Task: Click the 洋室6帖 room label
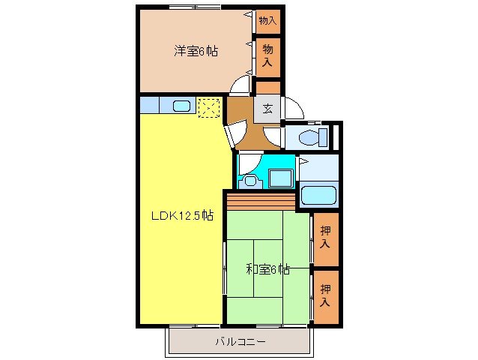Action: (x=196, y=51)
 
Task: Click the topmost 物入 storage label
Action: (x=267, y=20)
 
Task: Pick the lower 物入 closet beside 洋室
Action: (x=267, y=57)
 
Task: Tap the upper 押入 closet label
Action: (x=325, y=237)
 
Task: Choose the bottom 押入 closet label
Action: (x=325, y=296)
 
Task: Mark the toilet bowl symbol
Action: (x=309, y=137)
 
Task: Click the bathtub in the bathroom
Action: (x=318, y=196)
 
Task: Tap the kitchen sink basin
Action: (x=182, y=106)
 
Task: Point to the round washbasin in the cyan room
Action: (x=250, y=180)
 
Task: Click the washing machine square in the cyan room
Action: (x=281, y=178)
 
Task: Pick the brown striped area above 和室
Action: (x=261, y=201)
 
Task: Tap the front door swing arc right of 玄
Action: (x=293, y=109)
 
